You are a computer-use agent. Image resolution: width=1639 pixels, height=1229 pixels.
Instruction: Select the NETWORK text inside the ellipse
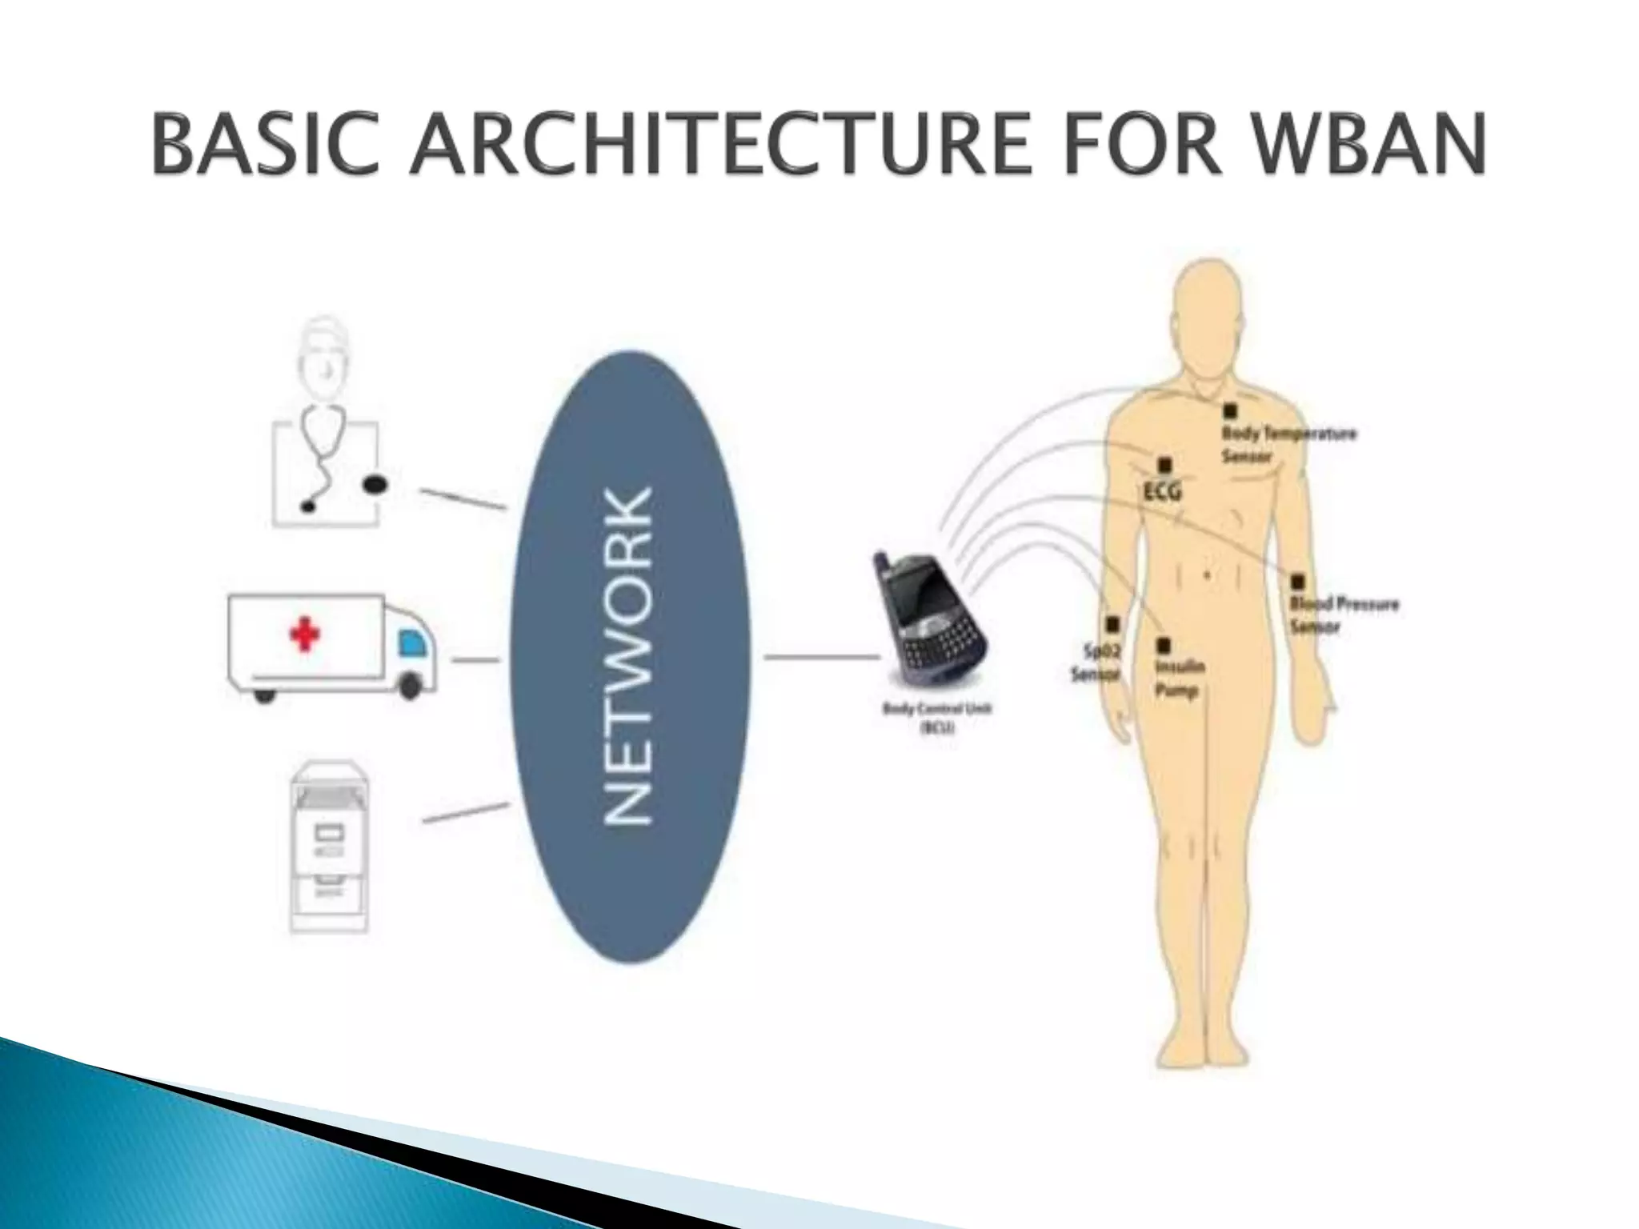click(629, 655)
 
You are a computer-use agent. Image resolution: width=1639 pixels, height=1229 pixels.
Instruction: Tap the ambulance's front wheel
click(411, 684)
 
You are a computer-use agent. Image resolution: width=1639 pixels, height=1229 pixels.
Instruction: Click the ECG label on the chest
click(1163, 491)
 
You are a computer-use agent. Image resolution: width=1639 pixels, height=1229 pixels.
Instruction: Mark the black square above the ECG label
click(1164, 465)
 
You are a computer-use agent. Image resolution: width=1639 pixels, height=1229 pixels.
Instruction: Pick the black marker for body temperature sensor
click(1229, 411)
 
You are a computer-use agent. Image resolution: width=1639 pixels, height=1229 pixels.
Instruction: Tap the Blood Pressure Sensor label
click(1344, 615)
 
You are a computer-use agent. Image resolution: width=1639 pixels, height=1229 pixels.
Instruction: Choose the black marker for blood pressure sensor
click(1297, 582)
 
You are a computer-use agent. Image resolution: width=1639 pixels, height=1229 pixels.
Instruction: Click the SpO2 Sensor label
click(1096, 663)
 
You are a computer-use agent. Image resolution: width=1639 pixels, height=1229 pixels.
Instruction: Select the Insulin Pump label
click(1180, 678)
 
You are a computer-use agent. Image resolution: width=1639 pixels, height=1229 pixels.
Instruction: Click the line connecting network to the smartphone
click(821, 657)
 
